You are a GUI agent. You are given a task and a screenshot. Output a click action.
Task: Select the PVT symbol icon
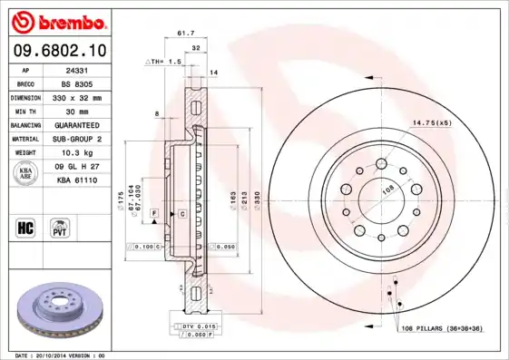61,227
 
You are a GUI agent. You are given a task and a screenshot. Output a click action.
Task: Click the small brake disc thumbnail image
61,313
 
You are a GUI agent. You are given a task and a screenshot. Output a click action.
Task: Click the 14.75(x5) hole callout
433,122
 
